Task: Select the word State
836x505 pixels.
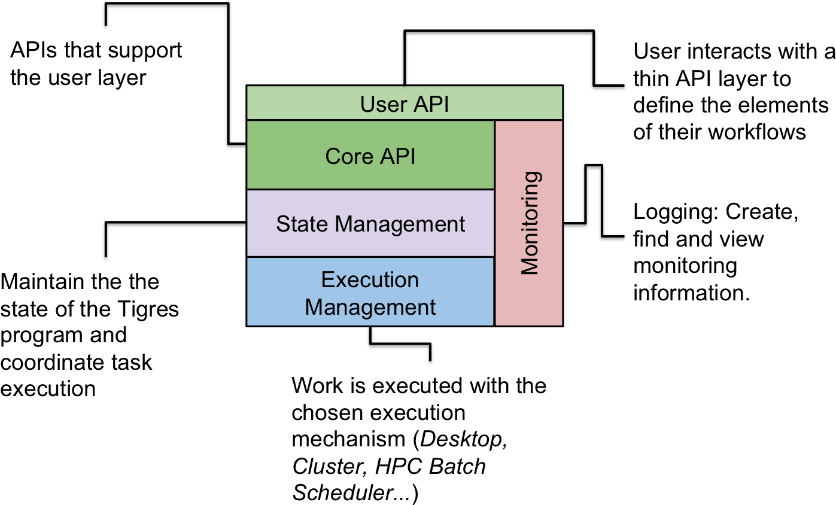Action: click(x=302, y=224)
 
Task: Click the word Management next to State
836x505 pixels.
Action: click(x=400, y=224)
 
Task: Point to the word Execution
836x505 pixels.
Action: click(x=370, y=280)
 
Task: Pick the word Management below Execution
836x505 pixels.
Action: click(x=370, y=307)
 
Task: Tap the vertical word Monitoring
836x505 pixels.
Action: click(x=530, y=223)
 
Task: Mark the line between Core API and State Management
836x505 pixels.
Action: click(x=370, y=190)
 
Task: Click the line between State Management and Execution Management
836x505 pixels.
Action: click(x=370, y=257)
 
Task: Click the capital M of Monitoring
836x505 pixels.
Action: click(x=530, y=266)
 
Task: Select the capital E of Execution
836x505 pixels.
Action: click(x=327, y=280)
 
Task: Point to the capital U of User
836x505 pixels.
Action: click(x=367, y=105)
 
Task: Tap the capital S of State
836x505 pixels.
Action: click(x=282, y=224)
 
